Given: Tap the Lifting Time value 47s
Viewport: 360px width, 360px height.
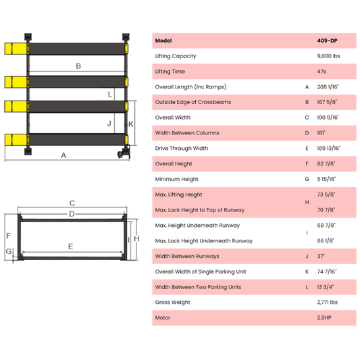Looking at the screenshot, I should click(x=322, y=72).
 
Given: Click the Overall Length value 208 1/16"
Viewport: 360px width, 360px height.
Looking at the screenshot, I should click(x=328, y=87).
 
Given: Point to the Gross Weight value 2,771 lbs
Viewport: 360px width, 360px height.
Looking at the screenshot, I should click(x=327, y=303).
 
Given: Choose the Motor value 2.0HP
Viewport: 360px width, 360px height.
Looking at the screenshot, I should click(x=325, y=317).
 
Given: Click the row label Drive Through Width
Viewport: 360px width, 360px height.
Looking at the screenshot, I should click(x=182, y=149).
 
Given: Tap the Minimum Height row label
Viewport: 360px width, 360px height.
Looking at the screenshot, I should click(x=177, y=179).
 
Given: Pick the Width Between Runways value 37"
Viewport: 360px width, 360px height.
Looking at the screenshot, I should click(x=321, y=256).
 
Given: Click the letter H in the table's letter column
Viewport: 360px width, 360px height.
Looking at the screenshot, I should click(x=307, y=202).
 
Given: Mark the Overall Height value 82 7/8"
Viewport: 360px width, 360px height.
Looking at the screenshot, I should click(x=327, y=163).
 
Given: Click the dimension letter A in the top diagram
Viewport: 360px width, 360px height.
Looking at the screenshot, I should click(x=64, y=155).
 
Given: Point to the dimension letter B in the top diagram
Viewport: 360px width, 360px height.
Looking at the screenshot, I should click(x=78, y=66).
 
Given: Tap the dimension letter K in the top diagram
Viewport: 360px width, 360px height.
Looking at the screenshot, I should click(x=131, y=124).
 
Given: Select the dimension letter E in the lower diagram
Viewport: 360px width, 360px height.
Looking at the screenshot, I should click(x=70, y=247).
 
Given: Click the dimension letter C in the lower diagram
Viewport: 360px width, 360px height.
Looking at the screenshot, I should click(x=72, y=203).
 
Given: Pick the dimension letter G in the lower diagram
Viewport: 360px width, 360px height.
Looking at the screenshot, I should click(x=9, y=252).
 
